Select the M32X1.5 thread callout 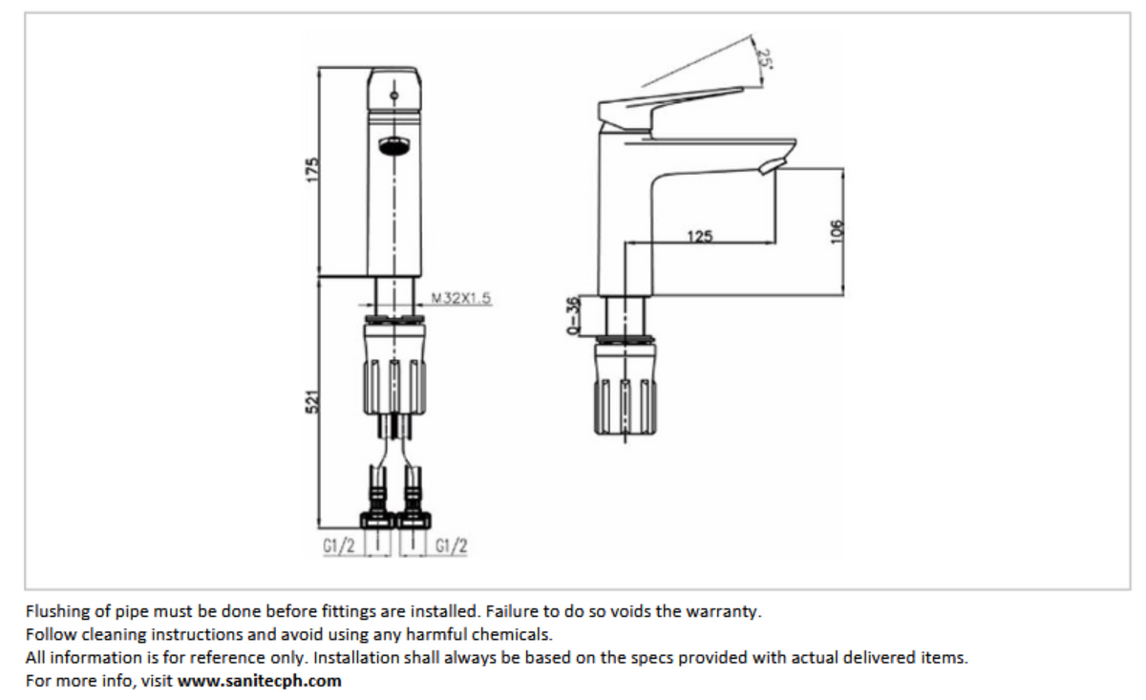(x=460, y=298)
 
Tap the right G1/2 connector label (x=451, y=547)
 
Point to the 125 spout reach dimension (x=699, y=236)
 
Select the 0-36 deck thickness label (x=573, y=316)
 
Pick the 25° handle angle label (x=763, y=57)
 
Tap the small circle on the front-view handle (x=393, y=97)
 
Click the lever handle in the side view (x=668, y=100)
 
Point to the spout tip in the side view (x=775, y=164)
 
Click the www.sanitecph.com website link (x=259, y=681)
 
